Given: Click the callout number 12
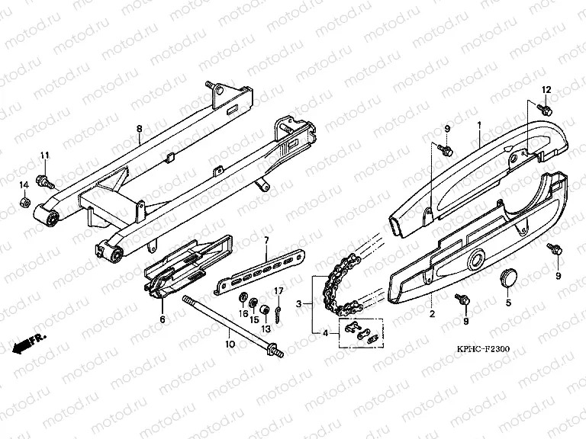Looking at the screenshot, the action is (546, 90).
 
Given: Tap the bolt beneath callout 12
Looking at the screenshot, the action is (544, 110).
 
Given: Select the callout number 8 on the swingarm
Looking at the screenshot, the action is (140, 129).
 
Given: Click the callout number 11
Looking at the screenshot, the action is (45, 155).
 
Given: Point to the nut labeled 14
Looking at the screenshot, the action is (24, 203).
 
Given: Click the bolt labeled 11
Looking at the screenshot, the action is (45, 181).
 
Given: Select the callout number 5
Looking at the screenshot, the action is (508, 303).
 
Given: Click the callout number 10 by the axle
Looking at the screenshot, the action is (230, 344).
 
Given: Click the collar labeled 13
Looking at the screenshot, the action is (266, 310).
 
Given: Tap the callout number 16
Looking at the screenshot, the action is (243, 313).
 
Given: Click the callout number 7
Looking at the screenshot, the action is (266, 240).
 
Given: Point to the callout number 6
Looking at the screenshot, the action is (163, 319).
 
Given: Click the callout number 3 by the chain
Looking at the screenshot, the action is (298, 304).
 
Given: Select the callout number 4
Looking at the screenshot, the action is (325, 333).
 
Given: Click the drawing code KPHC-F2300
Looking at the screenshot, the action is (483, 349).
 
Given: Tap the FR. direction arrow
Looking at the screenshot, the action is (29, 344).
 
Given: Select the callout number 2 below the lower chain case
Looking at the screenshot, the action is (433, 314).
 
